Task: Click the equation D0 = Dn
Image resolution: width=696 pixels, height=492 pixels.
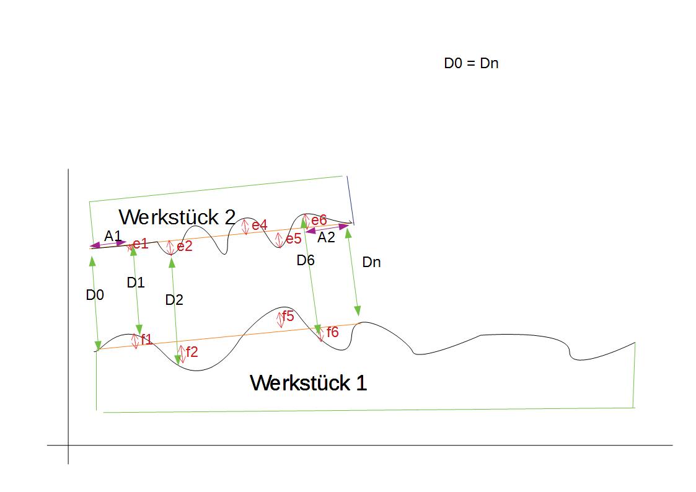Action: pos(471,63)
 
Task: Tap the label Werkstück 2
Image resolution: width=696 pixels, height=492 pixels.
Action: pos(177,217)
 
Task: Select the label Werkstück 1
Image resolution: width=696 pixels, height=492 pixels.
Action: pos(309,382)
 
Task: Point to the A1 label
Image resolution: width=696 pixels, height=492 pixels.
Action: pos(113,236)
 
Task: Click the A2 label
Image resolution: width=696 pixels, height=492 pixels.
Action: pos(326,237)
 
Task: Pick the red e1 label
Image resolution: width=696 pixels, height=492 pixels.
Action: pos(140,243)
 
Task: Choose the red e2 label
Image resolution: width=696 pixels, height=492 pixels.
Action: pos(185,246)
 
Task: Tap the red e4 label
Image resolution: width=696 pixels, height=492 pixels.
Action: pos(260,225)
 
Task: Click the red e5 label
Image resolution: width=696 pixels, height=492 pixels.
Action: pos(293,239)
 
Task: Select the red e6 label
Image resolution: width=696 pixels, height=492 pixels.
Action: pos(319,219)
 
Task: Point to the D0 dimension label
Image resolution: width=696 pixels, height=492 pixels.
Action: pos(95,294)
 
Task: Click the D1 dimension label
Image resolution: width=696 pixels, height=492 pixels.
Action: pos(135,282)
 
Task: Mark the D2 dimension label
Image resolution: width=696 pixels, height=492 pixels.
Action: pos(174,300)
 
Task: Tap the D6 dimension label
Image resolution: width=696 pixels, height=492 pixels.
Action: pos(306,260)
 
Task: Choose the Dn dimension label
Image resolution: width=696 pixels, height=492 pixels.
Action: pos(371,261)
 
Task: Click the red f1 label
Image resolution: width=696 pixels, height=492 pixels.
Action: pos(146,340)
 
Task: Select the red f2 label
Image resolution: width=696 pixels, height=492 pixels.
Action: pos(192,351)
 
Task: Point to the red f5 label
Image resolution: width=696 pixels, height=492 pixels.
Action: pos(288,316)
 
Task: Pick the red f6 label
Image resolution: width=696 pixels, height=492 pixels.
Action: pos(332,332)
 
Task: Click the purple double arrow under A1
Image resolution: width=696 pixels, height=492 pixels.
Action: pos(108,244)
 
